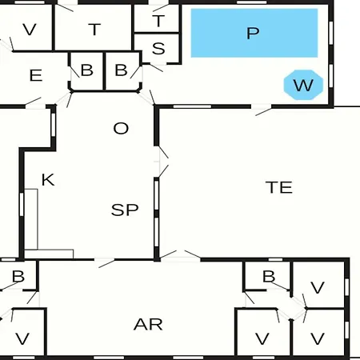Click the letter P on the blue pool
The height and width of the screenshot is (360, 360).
click(x=253, y=33)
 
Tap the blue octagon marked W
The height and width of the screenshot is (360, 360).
click(x=303, y=85)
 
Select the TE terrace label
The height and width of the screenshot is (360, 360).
click(x=279, y=187)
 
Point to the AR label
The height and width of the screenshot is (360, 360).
click(x=148, y=325)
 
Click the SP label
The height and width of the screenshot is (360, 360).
click(x=125, y=210)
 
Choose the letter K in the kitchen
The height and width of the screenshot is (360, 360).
click(x=48, y=180)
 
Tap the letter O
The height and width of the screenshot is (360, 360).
click(x=121, y=128)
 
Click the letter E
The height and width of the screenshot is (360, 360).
click(x=36, y=75)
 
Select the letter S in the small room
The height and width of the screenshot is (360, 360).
click(x=158, y=49)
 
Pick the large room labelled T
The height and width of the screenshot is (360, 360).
click(x=93, y=28)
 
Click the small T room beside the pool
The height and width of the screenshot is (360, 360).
click(x=157, y=18)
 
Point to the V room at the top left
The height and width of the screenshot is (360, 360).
click(x=26, y=27)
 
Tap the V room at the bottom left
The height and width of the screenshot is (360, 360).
click(x=22, y=332)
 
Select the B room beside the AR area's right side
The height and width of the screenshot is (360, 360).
click(x=267, y=276)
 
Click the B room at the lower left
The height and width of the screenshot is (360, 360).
click(x=18, y=276)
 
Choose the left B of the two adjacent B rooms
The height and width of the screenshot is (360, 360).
click(x=87, y=71)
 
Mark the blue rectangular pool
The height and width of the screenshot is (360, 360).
click(x=254, y=33)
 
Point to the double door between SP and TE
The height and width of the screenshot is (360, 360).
click(x=162, y=162)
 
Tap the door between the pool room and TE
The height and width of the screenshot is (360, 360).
click(x=262, y=110)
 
